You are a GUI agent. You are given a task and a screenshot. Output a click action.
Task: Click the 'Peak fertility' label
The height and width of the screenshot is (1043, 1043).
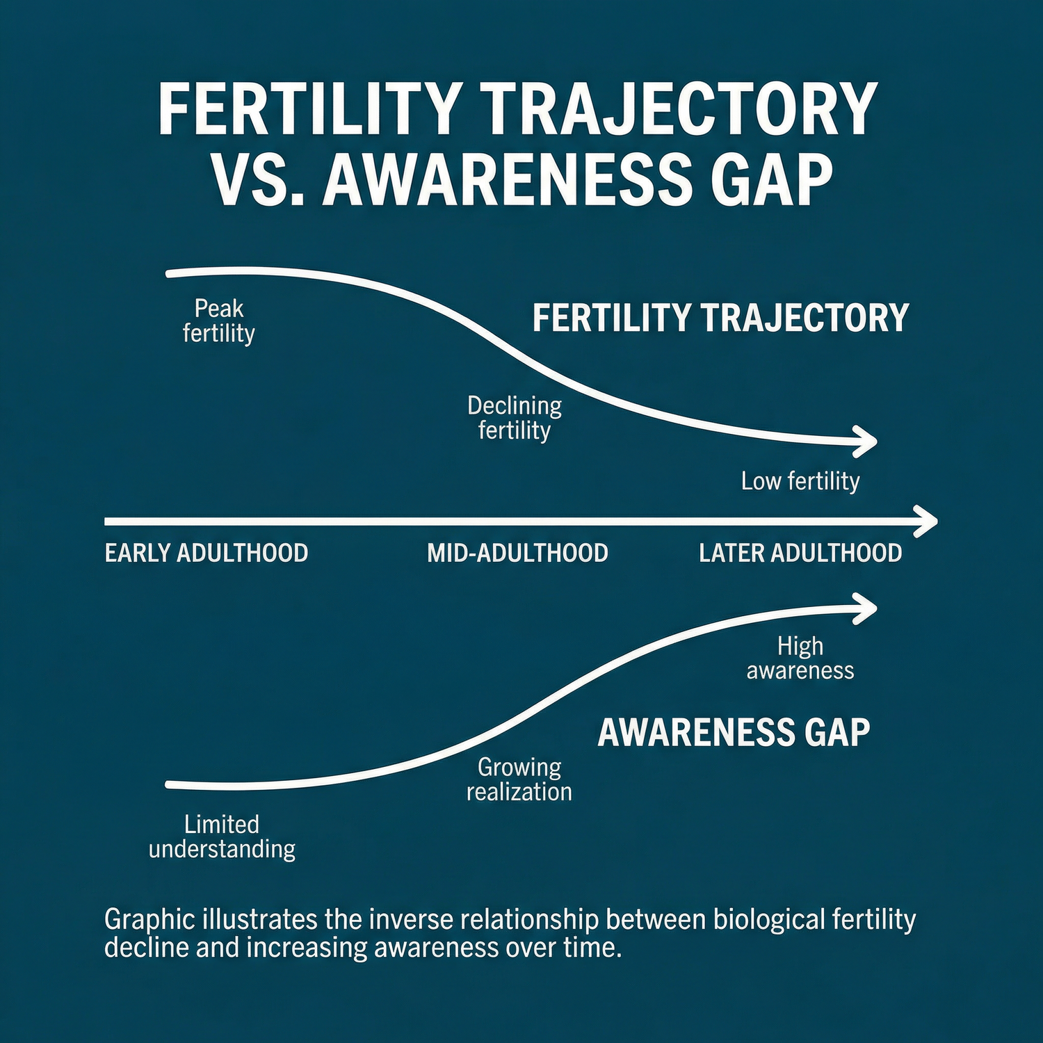[219, 321]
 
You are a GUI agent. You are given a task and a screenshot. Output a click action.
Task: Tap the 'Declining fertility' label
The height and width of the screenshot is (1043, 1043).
[515, 418]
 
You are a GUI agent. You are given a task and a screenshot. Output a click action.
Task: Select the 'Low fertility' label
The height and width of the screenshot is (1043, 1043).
[800, 481]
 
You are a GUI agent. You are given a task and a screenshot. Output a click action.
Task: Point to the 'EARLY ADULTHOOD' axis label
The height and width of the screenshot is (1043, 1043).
[207, 553]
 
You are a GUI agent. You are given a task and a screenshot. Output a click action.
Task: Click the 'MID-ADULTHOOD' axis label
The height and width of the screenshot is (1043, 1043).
[517, 553]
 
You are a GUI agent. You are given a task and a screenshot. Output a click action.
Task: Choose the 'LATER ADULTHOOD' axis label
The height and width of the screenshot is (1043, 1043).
[800, 553]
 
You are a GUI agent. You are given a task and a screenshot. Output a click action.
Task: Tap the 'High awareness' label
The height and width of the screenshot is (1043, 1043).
[800, 658]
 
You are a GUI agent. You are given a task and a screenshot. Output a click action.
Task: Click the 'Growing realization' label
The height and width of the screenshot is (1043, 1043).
[519, 779]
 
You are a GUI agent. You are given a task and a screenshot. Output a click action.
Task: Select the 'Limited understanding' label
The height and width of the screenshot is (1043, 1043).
[222, 837]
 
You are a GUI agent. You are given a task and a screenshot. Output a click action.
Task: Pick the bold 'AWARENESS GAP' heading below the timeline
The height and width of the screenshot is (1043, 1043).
[734, 732]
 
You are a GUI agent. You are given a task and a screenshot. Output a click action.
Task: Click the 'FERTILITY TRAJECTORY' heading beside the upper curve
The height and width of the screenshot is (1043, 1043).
[721, 318]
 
